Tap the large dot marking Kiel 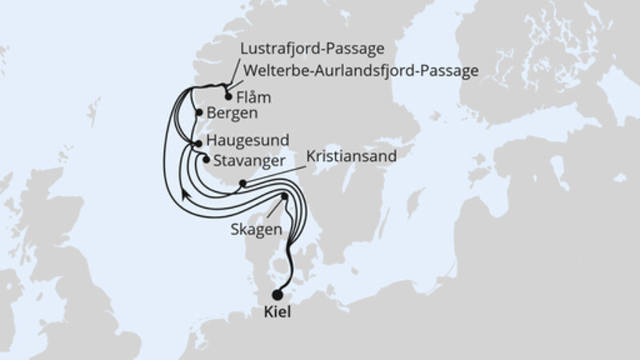point(278,294)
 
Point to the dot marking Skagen point(285,196)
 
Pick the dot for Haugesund point(198,143)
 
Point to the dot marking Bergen point(198,113)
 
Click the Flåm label point(255,98)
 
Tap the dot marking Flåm point(229,97)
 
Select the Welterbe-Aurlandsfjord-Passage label point(359,70)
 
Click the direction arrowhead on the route point(185,193)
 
